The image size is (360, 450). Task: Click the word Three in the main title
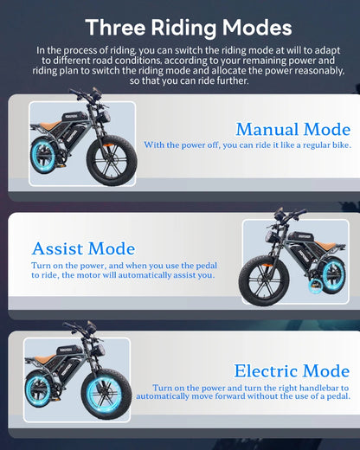(115, 27)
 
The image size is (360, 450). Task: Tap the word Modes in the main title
(257, 27)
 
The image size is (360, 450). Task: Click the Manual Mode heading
(293, 129)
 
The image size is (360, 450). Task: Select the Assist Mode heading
(83, 248)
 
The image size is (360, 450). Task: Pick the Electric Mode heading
(292, 370)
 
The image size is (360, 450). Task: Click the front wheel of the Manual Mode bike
(112, 160)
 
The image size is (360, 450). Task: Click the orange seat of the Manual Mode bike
(50, 125)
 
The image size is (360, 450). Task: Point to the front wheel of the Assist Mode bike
(264, 280)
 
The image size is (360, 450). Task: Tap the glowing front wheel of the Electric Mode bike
(106, 394)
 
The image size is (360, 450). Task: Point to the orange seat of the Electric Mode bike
(44, 359)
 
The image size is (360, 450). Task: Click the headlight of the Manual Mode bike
(103, 117)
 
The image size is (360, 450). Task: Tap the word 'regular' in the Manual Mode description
(317, 145)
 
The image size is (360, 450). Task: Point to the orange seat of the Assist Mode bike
(325, 245)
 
